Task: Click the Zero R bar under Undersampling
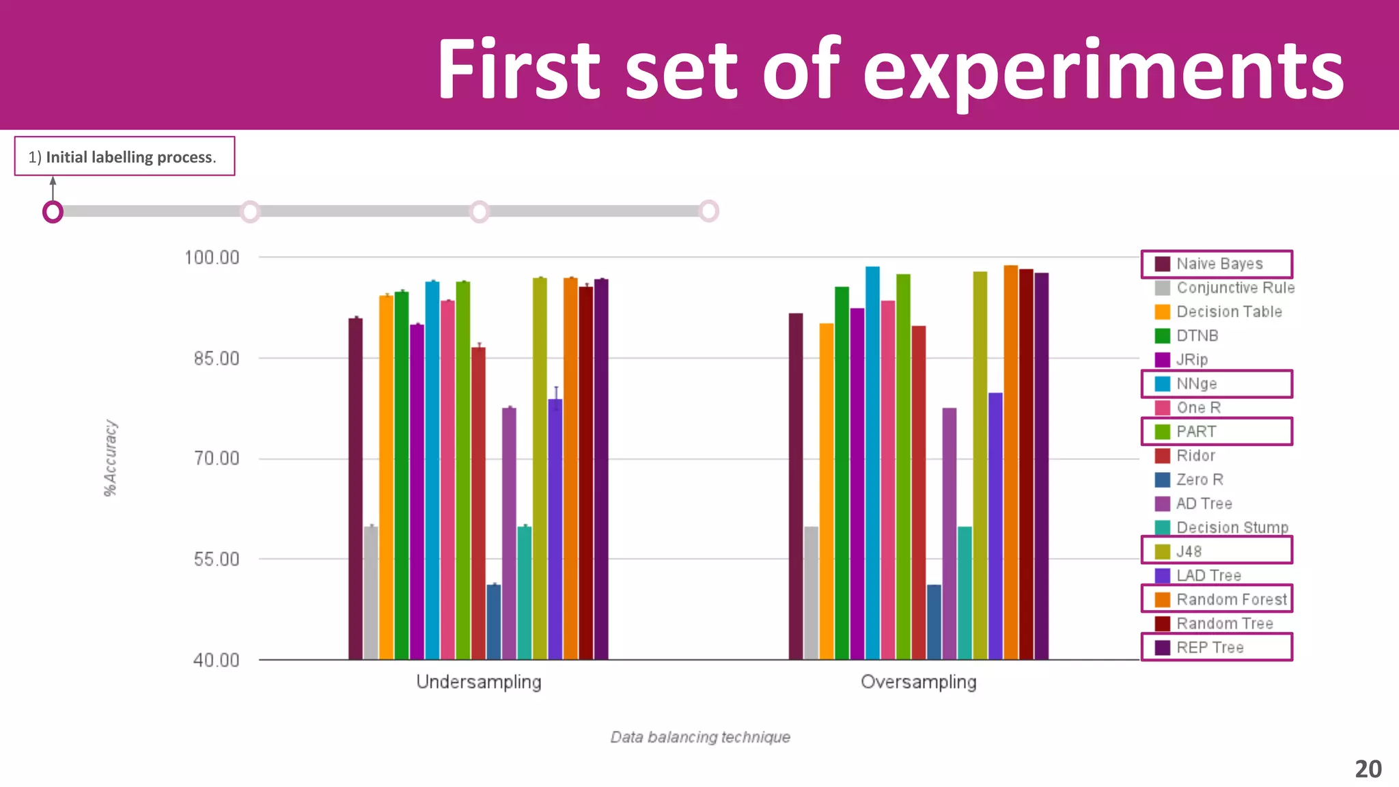(x=494, y=622)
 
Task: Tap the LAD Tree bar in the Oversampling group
(x=995, y=526)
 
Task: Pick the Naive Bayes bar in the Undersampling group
(x=355, y=488)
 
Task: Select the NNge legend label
(x=1196, y=384)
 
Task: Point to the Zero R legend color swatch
(x=1163, y=480)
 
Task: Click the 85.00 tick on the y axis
(x=217, y=359)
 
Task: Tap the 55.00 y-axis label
(x=217, y=560)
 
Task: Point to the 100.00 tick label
(x=212, y=258)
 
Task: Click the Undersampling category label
(x=479, y=682)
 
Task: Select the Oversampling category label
(x=918, y=682)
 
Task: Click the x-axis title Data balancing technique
(x=700, y=737)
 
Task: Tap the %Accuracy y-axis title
(x=111, y=458)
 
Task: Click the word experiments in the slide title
(x=1103, y=71)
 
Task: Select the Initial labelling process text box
(x=124, y=156)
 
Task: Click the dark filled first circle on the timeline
(x=53, y=212)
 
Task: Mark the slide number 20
(x=1368, y=769)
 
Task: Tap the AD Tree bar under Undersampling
(x=509, y=533)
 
